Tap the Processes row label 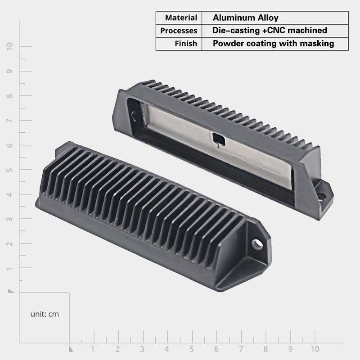click(179, 31)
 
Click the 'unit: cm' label click(45, 314)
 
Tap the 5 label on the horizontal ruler click(192, 349)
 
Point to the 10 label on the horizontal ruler click(315, 349)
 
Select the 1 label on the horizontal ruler click(93, 349)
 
